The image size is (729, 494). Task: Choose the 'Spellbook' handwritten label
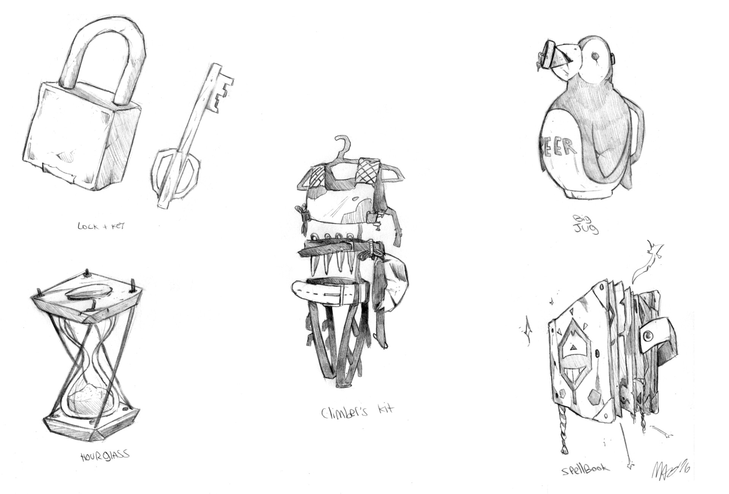[x=585, y=469]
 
